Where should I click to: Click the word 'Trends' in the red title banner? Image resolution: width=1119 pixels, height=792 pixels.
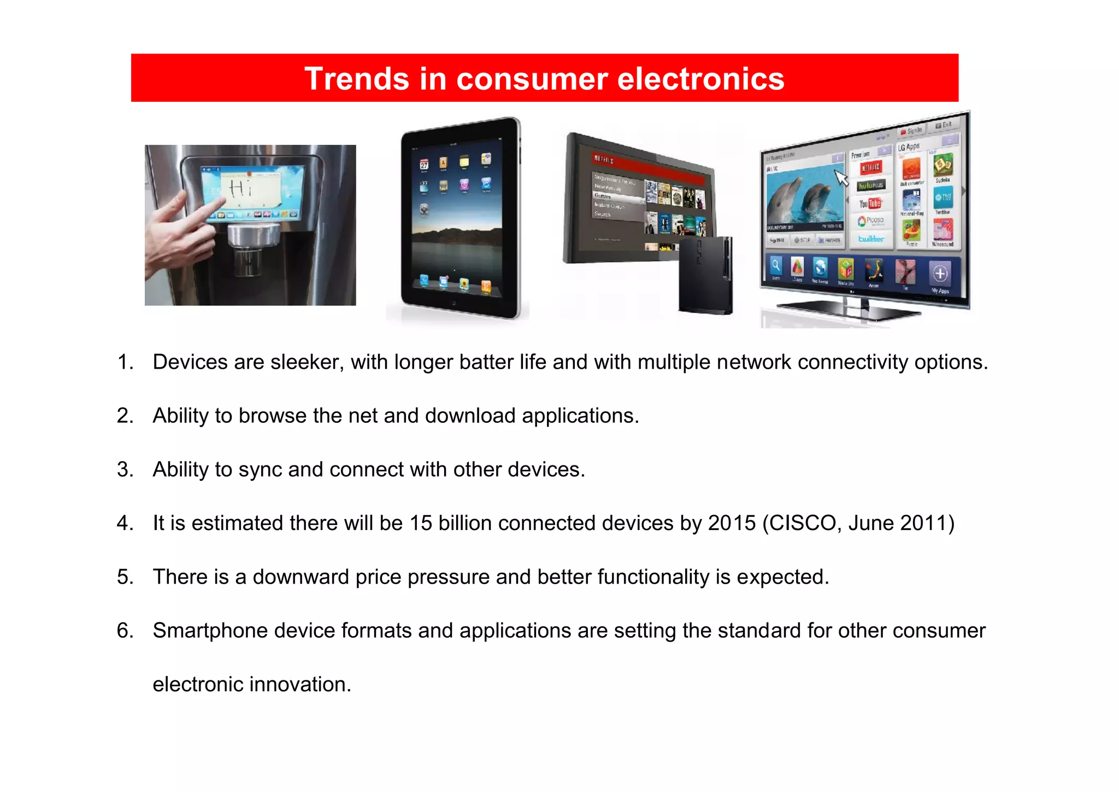[x=357, y=79]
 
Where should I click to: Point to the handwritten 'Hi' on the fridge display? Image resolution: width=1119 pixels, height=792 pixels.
[x=240, y=189]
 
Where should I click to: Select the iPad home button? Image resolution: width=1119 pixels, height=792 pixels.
[x=454, y=302]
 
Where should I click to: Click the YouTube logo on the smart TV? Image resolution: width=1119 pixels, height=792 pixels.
[x=870, y=203]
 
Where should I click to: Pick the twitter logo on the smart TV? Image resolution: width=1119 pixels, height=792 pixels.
[x=870, y=239]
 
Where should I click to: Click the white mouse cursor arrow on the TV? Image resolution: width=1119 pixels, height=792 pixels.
[x=841, y=178]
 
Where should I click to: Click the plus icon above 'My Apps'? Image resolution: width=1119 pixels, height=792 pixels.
[x=940, y=273]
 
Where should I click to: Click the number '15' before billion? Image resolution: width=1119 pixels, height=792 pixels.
[x=421, y=523]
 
